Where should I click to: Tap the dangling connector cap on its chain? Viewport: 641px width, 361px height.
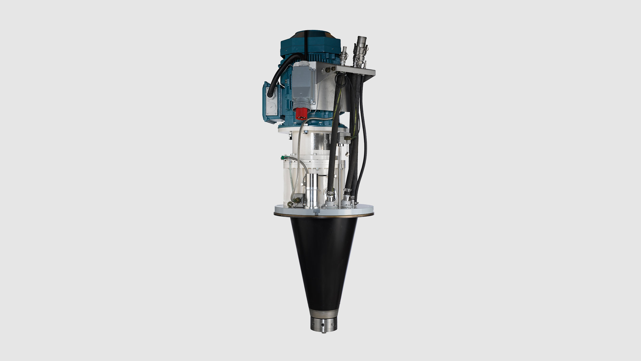347,153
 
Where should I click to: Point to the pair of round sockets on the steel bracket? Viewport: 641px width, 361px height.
329,70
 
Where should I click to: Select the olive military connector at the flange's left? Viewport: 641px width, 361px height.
290,205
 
